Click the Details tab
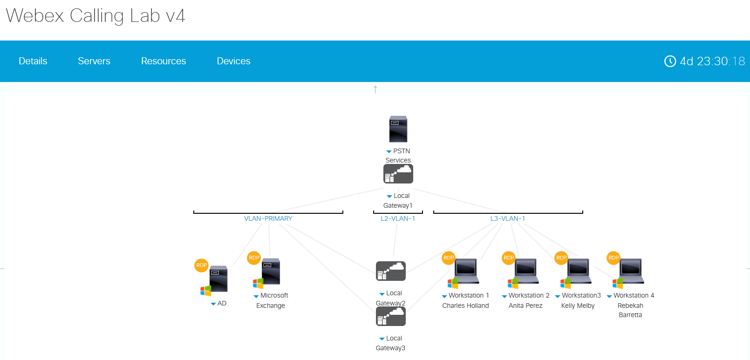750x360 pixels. click(x=33, y=61)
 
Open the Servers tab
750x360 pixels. click(x=94, y=61)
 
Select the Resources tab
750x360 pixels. click(x=163, y=61)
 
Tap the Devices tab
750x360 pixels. click(x=233, y=61)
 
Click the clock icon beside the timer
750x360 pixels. click(x=670, y=61)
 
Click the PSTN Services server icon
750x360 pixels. click(x=398, y=129)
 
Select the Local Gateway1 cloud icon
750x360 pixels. click(x=398, y=174)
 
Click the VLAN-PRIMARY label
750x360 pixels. click(x=268, y=218)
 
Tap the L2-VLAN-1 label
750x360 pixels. click(x=397, y=218)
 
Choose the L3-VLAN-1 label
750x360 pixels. click(x=507, y=218)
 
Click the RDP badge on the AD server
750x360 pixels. click(x=201, y=265)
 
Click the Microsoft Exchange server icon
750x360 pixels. click(x=270, y=272)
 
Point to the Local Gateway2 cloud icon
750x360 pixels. click(x=390, y=271)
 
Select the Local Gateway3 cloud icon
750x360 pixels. click(x=390, y=317)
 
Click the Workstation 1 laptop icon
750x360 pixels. click(x=466, y=271)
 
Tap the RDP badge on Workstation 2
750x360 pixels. click(x=509, y=258)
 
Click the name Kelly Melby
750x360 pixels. click(x=578, y=306)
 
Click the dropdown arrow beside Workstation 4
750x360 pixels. click(x=609, y=296)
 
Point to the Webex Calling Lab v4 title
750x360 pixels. click(x=95, y=16)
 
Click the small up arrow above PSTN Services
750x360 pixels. click(x=375, y=89)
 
